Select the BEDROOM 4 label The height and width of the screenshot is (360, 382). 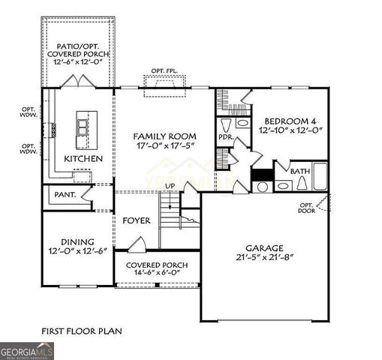click(x=290, y=119)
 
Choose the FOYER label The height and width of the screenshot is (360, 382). click(x=137, y=221)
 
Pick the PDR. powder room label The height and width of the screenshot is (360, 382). click(x=224, y=137)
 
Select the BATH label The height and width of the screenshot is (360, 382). click(x=300, y=171)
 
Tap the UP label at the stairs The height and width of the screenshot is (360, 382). click(x=170, y=185)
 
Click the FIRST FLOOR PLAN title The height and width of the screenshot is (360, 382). click(x=82, y=330)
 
